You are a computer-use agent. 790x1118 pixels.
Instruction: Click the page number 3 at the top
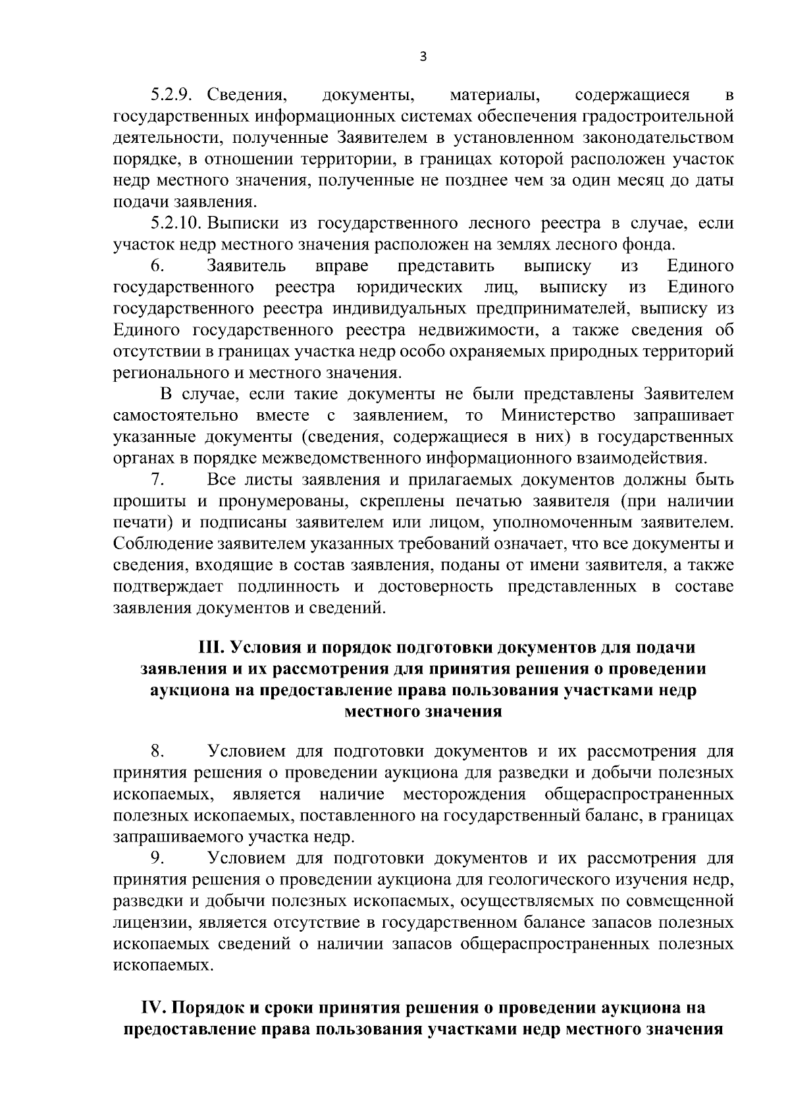(423, 57)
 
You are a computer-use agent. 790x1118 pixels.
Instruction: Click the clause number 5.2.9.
(171, 95)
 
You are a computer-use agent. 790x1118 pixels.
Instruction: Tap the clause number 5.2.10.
(176, 224)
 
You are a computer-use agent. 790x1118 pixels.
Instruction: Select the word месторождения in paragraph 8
(465, 794)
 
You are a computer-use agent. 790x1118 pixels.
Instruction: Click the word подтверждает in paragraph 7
(168, 586)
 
